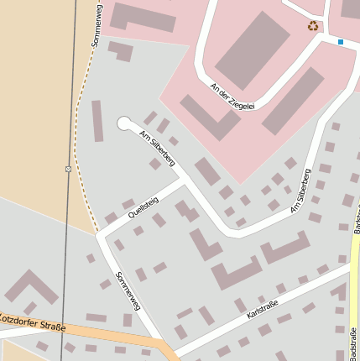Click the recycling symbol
[x=313, y=26]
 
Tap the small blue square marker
[x=341, y=41]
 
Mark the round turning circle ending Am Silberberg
[x=125, y=123]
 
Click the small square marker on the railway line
[x=68, y=169]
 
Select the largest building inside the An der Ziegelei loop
[x=251, y=50]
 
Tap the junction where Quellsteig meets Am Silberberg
[x=184, y=179]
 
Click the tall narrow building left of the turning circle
[x=97, y=121]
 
